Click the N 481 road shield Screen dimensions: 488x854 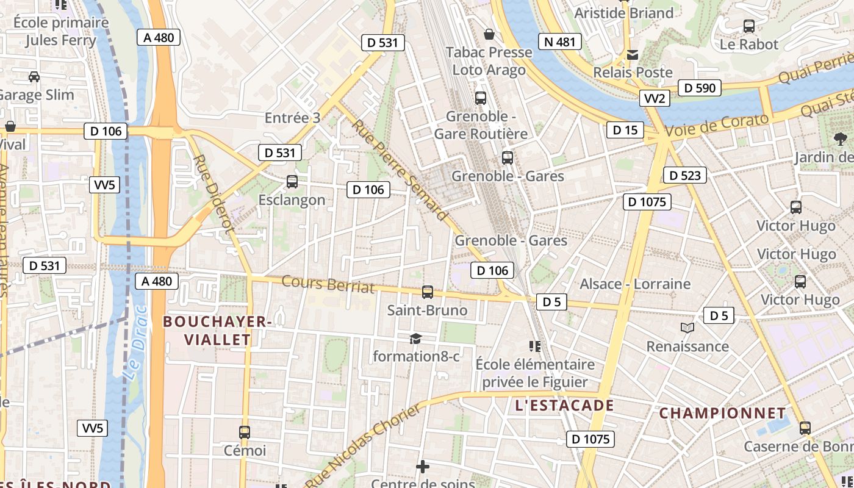click(559, 41)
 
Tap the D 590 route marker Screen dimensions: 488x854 click(700, 88)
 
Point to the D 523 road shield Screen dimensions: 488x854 click(684, 176)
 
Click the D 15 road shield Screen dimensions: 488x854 click(625, 129)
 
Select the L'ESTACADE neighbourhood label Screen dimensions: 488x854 click(564, 405)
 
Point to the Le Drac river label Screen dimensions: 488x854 click(136, 342)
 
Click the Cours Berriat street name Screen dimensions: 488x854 click(328, 284)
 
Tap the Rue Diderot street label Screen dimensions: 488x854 click(213, 192)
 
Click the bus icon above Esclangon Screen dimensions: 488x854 click(292, 181)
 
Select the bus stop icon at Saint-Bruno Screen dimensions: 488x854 click(428, 292)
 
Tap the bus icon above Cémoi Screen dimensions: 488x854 click(245, 432)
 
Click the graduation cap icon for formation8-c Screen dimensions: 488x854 click(415, 339)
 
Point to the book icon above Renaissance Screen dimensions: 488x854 click(687, 328)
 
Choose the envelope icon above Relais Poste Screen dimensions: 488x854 click(633, 55)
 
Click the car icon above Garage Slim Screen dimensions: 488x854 click(34, 77)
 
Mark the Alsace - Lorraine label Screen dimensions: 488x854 click(634, 284)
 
